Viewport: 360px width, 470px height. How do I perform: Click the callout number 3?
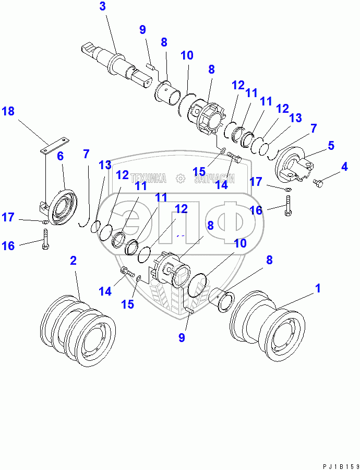102,7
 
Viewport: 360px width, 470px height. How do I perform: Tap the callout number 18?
9,112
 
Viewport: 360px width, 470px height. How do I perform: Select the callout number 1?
317,288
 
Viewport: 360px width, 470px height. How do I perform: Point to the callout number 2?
73,261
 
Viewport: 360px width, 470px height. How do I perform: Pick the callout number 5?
60,156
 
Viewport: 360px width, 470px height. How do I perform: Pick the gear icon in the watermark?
181,179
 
